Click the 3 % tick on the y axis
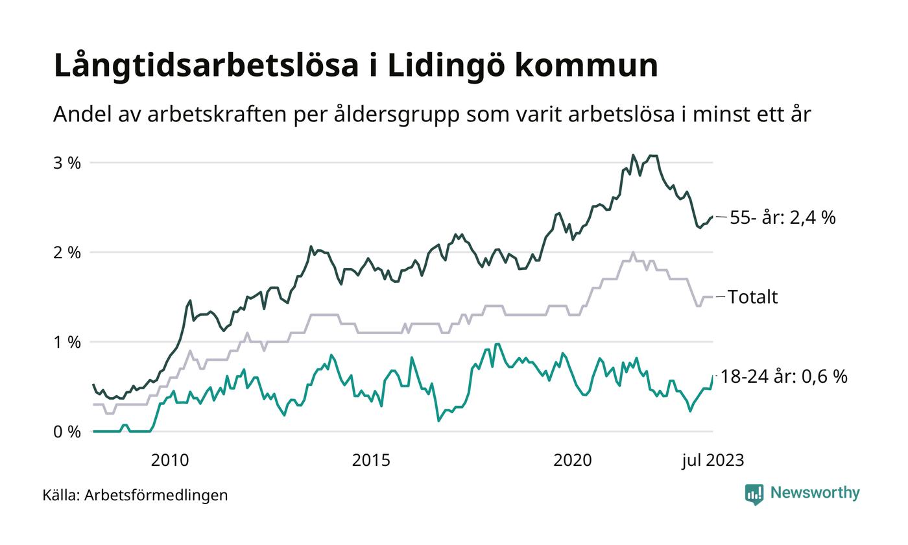[67, 163]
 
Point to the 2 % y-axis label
[67, 252]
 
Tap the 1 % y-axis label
[67, 342]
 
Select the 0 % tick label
[67, 431]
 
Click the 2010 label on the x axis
[170, 461]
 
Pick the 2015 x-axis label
[371, 461]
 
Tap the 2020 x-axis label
[573, 461]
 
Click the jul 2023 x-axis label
[713, 461]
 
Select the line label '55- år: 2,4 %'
[783, 218]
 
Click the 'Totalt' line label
[753, 297]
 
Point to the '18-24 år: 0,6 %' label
[784, 376]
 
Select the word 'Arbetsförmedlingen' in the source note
[156, 495]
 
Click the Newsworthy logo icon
[754, 494]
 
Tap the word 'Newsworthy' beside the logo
[815, 493]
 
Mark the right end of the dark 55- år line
[712, 217]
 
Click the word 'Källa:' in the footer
[61, 495]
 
